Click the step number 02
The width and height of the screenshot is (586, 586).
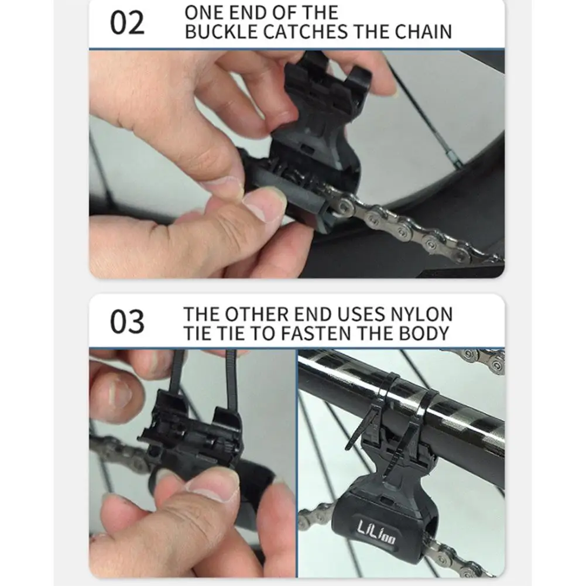point(127,23)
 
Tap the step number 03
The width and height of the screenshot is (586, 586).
point(127,322)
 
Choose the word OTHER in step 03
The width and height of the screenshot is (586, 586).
point(257,314)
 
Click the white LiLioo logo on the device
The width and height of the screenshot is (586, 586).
point(376,532)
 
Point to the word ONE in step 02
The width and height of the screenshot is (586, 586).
point(204,12)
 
